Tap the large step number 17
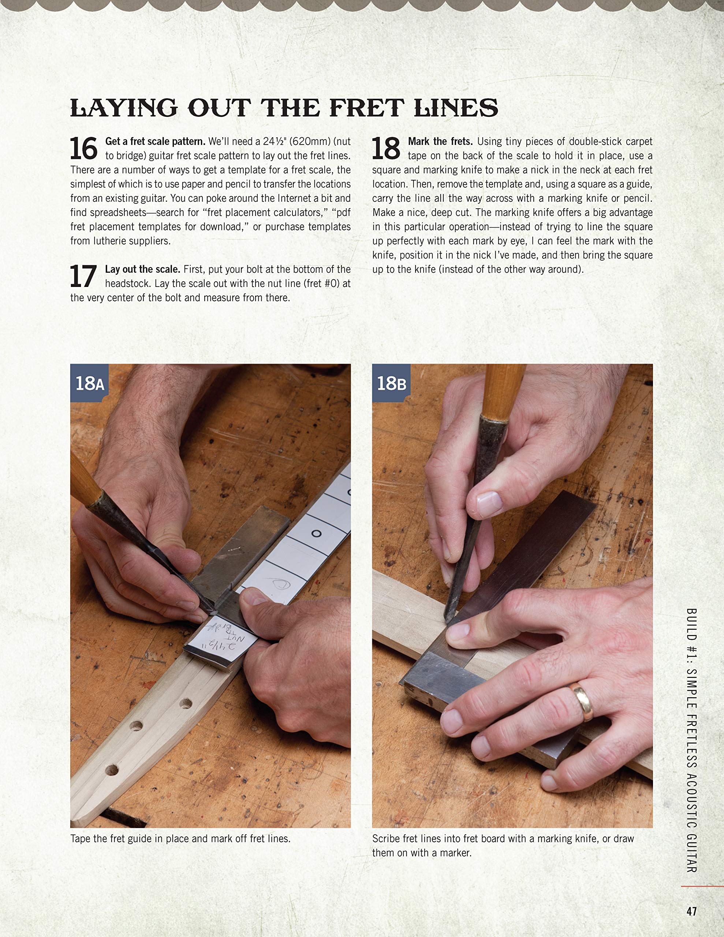click(83, 276)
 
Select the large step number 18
click(386, 149)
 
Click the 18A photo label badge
click(89, 383)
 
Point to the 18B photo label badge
click(391, 383)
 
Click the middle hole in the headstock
click(137, 726)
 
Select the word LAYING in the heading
click(124, 108)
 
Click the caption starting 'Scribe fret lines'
click(503, 845)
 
